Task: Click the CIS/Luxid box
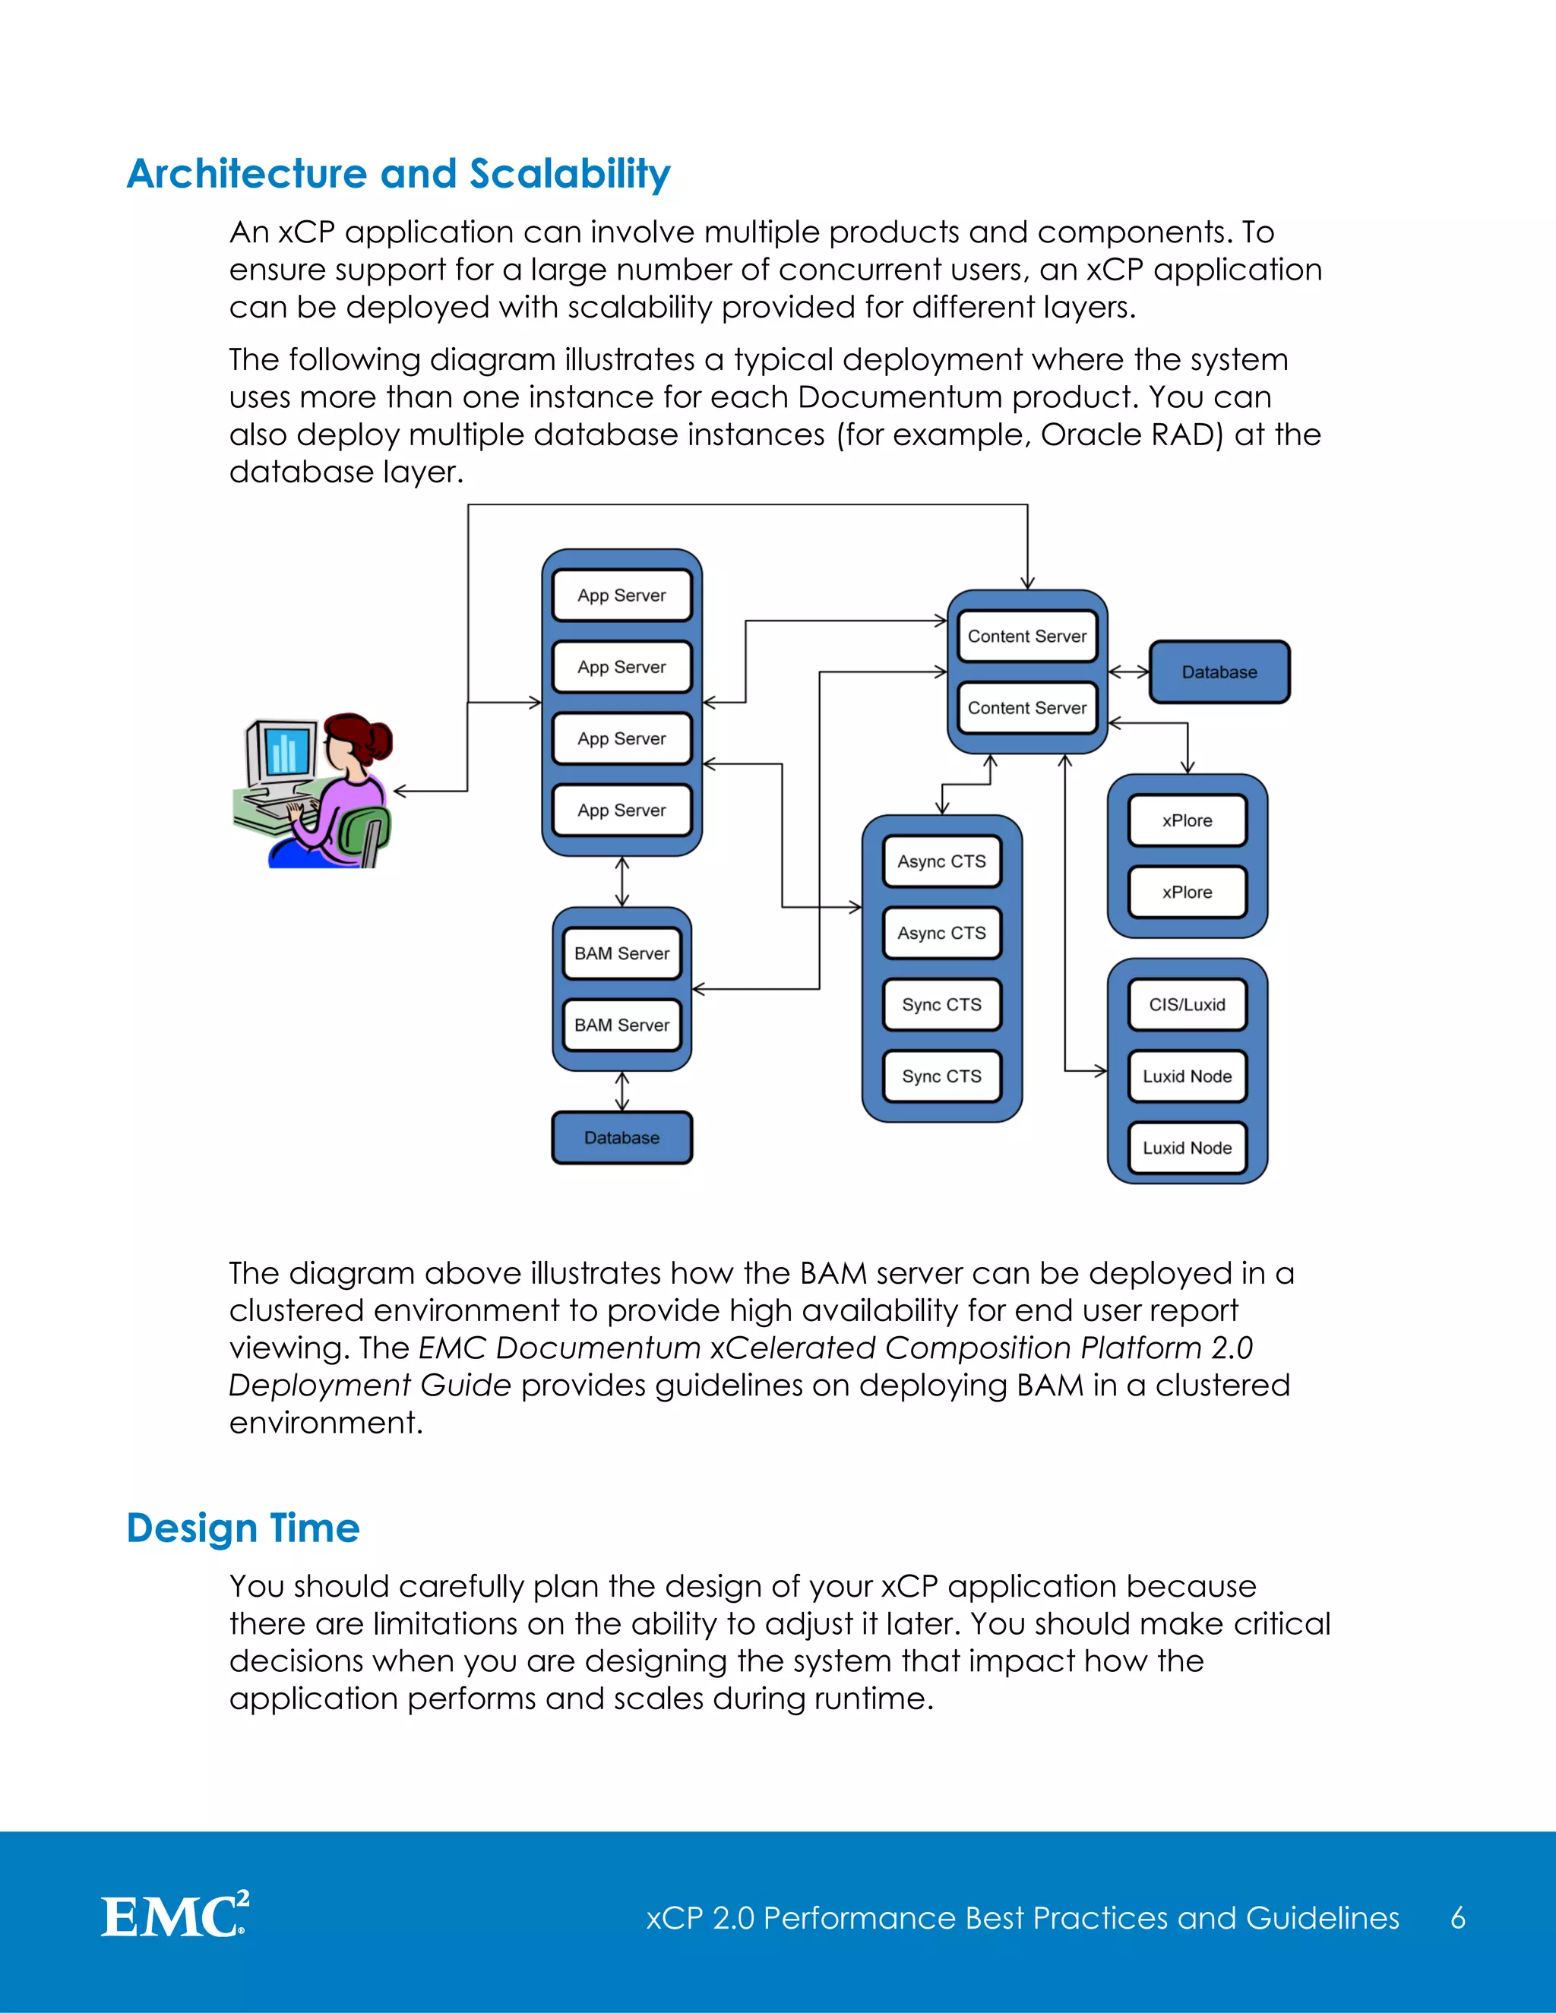click(x=1188, y=1005)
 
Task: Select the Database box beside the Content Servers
click(x=1219, y=672)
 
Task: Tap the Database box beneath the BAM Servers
click(x=622, y=1137)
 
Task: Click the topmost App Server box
click(x=622, y=596)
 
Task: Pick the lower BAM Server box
click(x=622, y=1025)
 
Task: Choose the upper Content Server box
click(x=1027, y=636)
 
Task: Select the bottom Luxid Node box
click(x=1188, y=1148)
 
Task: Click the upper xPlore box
click(x=1188, y=820)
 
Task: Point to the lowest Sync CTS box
click(x=941, y=1076)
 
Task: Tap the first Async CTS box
click(x=941, y=861)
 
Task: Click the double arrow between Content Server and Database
click(x=1128, y=672)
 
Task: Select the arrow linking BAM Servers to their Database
click(x=622, y=1092)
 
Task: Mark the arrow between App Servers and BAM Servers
click(x=622, y=882)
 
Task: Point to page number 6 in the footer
click(x=1457, y=1918)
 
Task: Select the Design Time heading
click(x=243, y=1528)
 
